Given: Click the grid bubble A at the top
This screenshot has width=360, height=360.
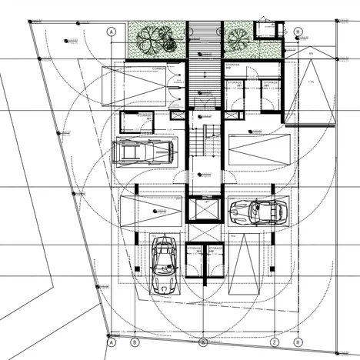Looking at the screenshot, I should tap(112, 32).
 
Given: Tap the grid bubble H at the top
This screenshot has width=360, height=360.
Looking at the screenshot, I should tap(298, 32).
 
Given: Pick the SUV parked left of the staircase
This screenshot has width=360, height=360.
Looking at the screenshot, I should tap(145, 152).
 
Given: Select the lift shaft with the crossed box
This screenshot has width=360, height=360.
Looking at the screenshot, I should tap(204, 210).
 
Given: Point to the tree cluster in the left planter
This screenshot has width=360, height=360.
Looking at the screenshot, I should tap(156, 37).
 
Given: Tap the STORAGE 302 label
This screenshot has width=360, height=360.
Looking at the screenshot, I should tap(234, 67).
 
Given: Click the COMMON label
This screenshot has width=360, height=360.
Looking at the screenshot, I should tap(159, 68).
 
